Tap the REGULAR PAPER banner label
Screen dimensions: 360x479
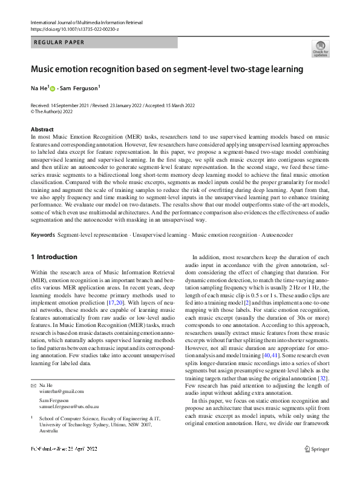[x=59, y=42]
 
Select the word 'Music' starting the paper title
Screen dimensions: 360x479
[x=43, y=70]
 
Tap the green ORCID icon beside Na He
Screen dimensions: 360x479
[x=52, y=89]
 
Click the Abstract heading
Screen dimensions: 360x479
[x=42, y=130]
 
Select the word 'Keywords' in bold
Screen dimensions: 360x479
[x=44, y=234]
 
